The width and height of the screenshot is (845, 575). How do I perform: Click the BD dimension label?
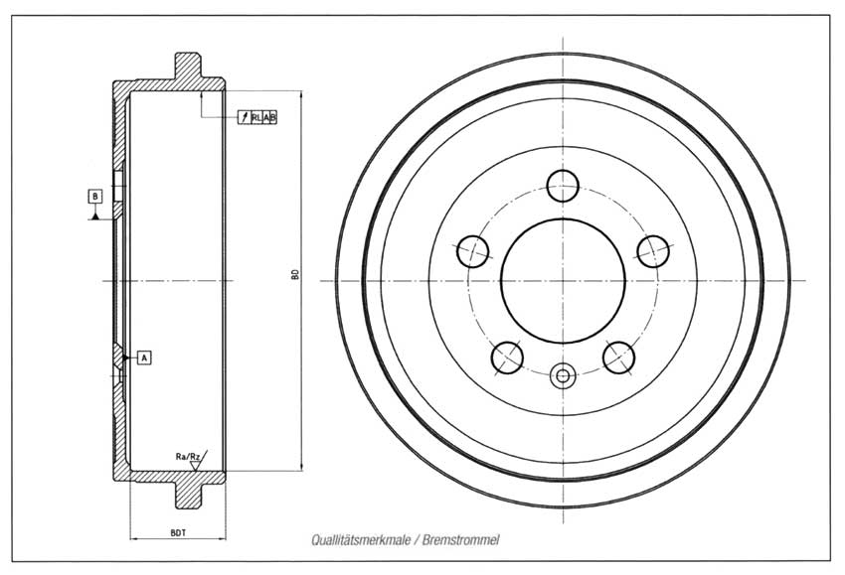pos(295,274)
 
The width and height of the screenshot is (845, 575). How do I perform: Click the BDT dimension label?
pos(178,532)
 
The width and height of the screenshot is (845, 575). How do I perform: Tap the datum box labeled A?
pos(144,357)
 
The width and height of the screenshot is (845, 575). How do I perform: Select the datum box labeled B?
pos(95,196)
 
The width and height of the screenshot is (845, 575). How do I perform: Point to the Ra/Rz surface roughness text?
pos(188,457)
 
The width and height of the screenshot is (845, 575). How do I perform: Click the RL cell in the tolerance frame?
pos(256,117)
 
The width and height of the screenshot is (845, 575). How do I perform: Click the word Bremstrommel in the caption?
pos(460,539)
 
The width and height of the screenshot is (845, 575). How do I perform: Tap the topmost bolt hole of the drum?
pos(563,186)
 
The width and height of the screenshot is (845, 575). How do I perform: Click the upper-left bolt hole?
pos(472,251)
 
